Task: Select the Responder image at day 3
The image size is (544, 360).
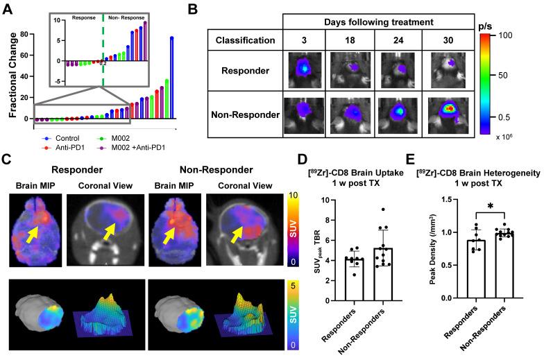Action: (306, 71)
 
